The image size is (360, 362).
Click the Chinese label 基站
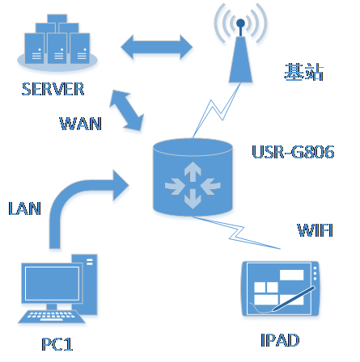click(x=303, y=72)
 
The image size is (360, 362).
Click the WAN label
click(x=81, y=124)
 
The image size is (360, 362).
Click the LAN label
click(x=23, y=208)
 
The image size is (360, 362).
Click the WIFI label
click(x=313, y=233)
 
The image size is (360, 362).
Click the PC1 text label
click(x=57, y=344)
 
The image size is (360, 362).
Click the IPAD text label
click(x=281, y=340)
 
